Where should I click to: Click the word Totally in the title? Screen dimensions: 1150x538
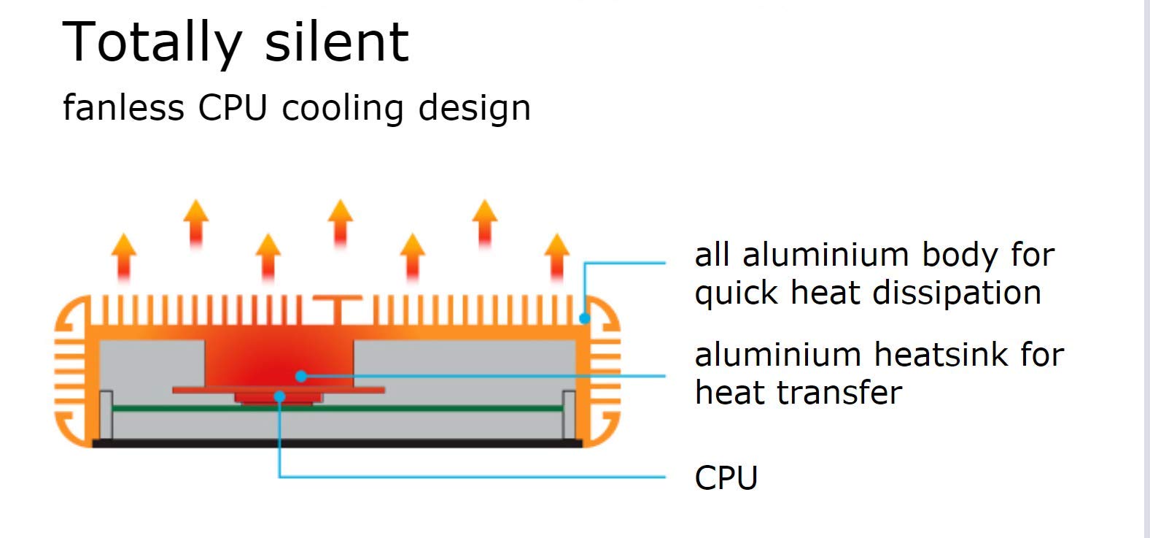[152, 43]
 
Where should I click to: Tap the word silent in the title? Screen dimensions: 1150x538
[337, 42]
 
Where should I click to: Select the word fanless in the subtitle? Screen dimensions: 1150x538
[123, 107]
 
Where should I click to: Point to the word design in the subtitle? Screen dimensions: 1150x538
[475, 109]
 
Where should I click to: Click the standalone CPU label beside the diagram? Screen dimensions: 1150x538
[726, 478]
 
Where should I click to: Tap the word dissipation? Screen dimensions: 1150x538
[957, 294]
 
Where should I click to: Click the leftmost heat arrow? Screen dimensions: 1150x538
[124, 258]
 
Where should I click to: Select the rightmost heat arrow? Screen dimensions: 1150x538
[557, 258]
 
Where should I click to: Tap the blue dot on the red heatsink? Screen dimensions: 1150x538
[301, 376]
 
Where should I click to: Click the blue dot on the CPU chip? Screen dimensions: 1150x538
[280, 396]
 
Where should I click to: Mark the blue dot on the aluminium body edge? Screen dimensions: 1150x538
[584, 318]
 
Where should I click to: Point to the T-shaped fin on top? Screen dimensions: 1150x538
[338, 310]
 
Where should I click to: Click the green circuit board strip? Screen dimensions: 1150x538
[338, 409]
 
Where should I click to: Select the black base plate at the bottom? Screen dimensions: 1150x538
[338, 443]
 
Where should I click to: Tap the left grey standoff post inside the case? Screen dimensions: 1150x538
[106, 415]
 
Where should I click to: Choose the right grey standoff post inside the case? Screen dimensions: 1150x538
[569, 415]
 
